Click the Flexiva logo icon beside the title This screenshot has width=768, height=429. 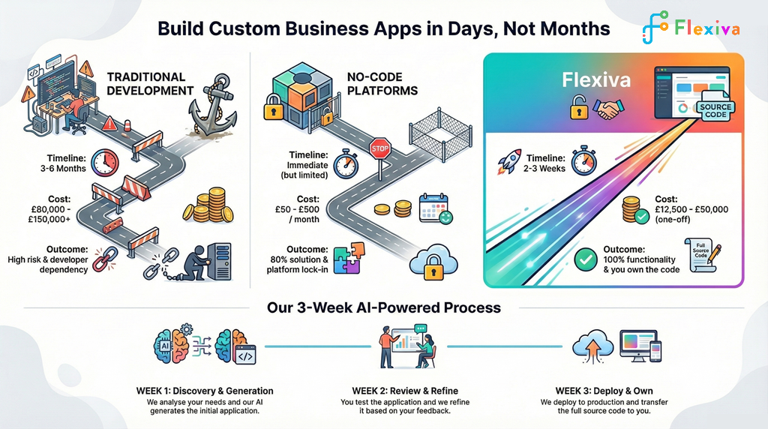click(655, 28)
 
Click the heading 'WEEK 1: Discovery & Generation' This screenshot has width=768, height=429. click(204, 391)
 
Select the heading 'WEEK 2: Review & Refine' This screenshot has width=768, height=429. click(404, 391)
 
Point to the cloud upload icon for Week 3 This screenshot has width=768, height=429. click(587, 346)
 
